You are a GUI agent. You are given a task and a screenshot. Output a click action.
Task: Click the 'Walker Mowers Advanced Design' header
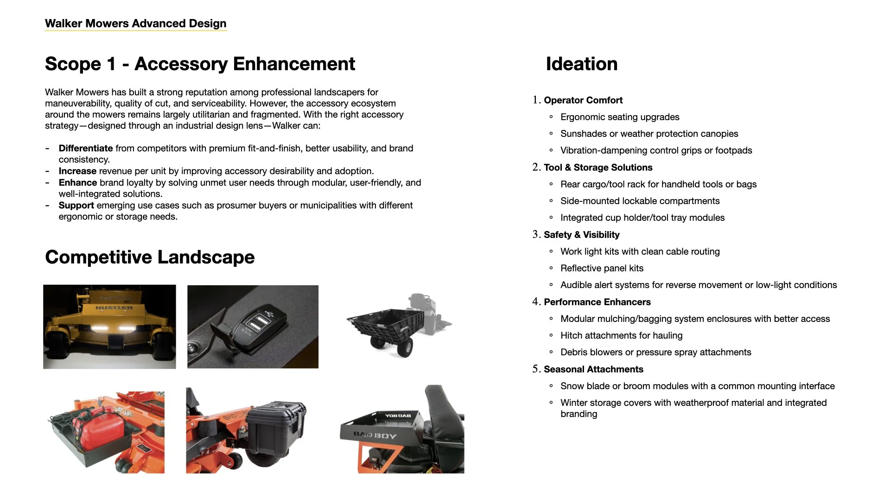click(x=135, y=24)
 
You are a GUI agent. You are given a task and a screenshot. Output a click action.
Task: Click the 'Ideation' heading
click(x=581, y=64)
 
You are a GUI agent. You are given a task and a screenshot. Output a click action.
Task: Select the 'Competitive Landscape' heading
click(x=150, y=257)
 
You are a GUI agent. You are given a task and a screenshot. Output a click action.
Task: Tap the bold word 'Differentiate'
click(x=85, y=148)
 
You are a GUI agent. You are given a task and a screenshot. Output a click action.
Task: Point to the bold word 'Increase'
click(x=77, y=171)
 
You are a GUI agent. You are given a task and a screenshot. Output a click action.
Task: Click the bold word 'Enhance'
click(x=78, y=183)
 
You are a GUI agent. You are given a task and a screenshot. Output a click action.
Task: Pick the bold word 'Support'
click(x=76, y=206)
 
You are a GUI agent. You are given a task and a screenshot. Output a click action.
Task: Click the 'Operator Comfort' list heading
click(x=583, y=100)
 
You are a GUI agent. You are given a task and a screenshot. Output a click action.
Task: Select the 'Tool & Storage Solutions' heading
click(x=598, y=167)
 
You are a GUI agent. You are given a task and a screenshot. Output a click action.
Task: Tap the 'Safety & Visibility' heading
click(x=581, y=235)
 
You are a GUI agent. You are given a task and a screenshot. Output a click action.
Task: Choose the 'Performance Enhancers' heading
click(x=597, y=302)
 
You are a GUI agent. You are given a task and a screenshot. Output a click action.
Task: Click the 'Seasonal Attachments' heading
click(x=593, y=369)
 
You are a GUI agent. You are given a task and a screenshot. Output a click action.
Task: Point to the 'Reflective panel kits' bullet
click(x=602, y=268)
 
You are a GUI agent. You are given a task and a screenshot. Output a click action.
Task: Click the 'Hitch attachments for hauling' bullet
click(x=621, y=335)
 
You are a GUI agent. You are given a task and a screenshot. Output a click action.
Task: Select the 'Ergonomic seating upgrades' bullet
click(x=620, y=117)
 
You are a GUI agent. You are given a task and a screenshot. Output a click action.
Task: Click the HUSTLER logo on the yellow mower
click(x=114, y=308)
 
